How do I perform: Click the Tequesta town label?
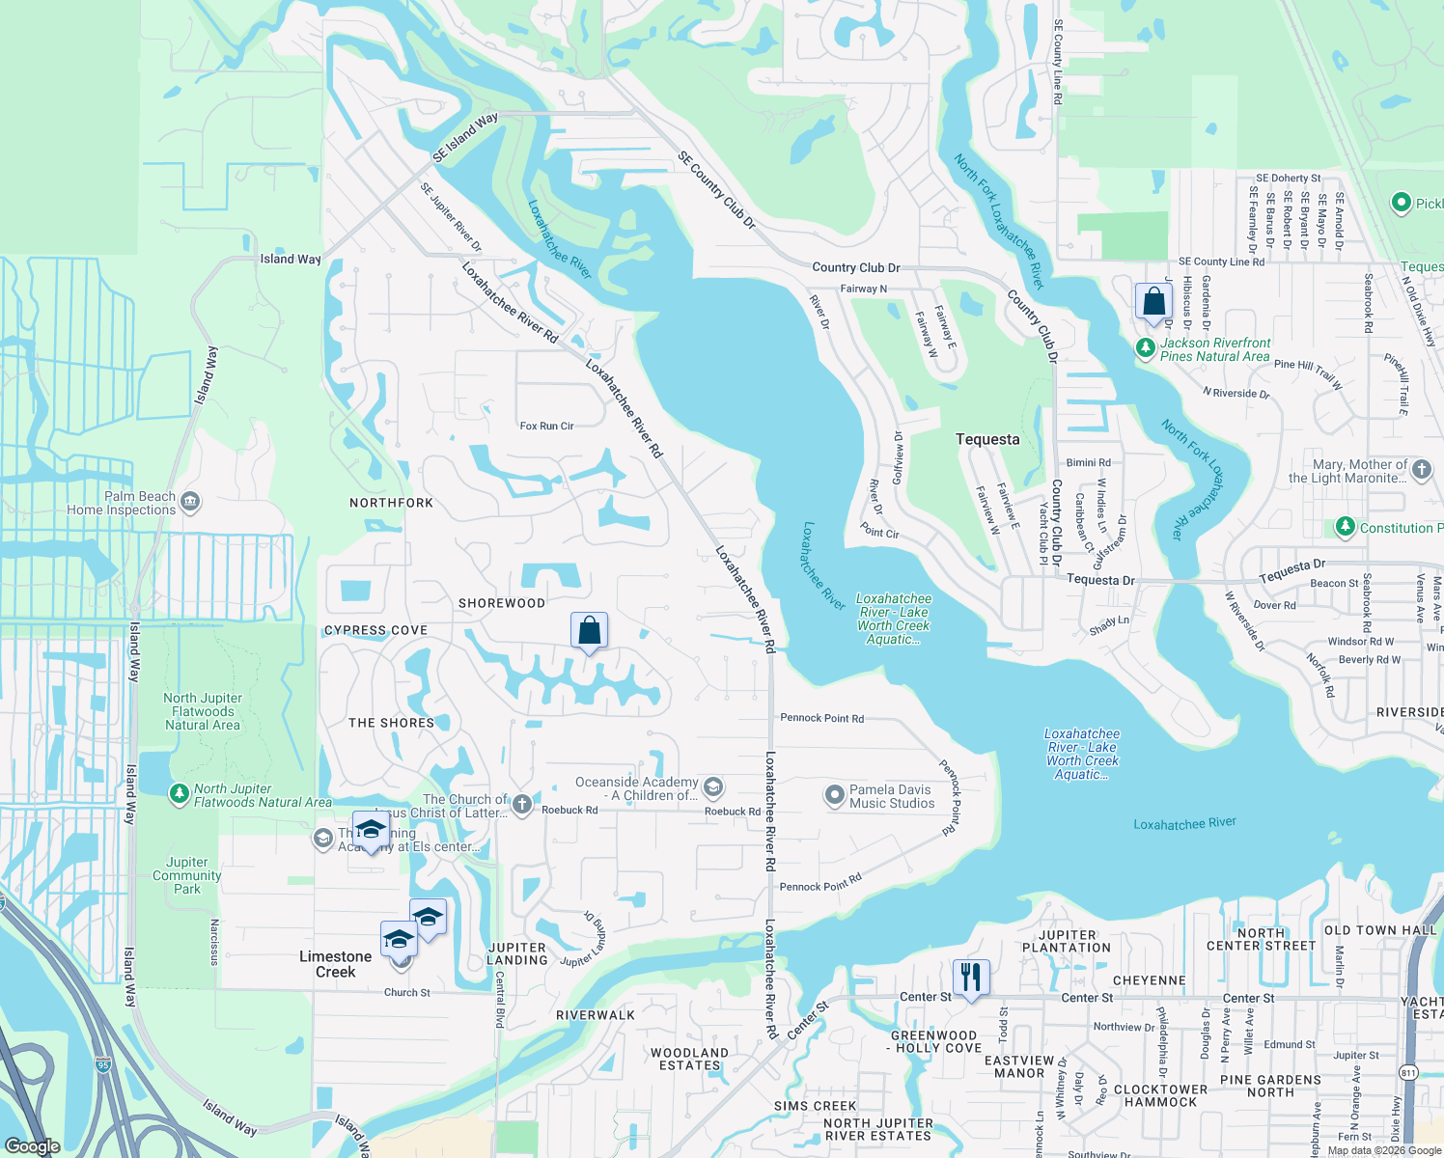click(x=986, y=439)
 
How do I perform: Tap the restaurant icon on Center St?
click(x=971, y=978)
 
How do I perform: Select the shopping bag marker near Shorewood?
click(x=589, y=631)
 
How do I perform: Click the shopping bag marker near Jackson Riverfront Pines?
click(x=1153, y=302)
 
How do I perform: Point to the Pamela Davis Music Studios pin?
click(x=834, y=795)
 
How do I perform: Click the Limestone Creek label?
click(x=335, y=964)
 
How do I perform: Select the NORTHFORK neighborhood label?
click(x=391, y=503)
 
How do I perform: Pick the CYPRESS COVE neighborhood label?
click(x=375, y=630)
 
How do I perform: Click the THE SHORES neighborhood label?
click(x=391, y=723)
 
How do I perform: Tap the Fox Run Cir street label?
click(x=546, y=426)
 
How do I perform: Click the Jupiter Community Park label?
click(x=186, y=875)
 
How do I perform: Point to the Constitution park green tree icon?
click(x=1346, y=527)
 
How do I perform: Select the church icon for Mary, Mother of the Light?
click(x=1421, y=470)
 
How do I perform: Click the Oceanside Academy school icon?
click(x=713, y=787)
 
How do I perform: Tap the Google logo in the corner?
click(x=32, y=1145)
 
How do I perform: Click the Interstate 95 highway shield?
click(x=103, y=1064)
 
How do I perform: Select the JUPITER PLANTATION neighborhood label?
click(x=1067, y=941)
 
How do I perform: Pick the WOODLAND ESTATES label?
click(x=689, y=1059)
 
